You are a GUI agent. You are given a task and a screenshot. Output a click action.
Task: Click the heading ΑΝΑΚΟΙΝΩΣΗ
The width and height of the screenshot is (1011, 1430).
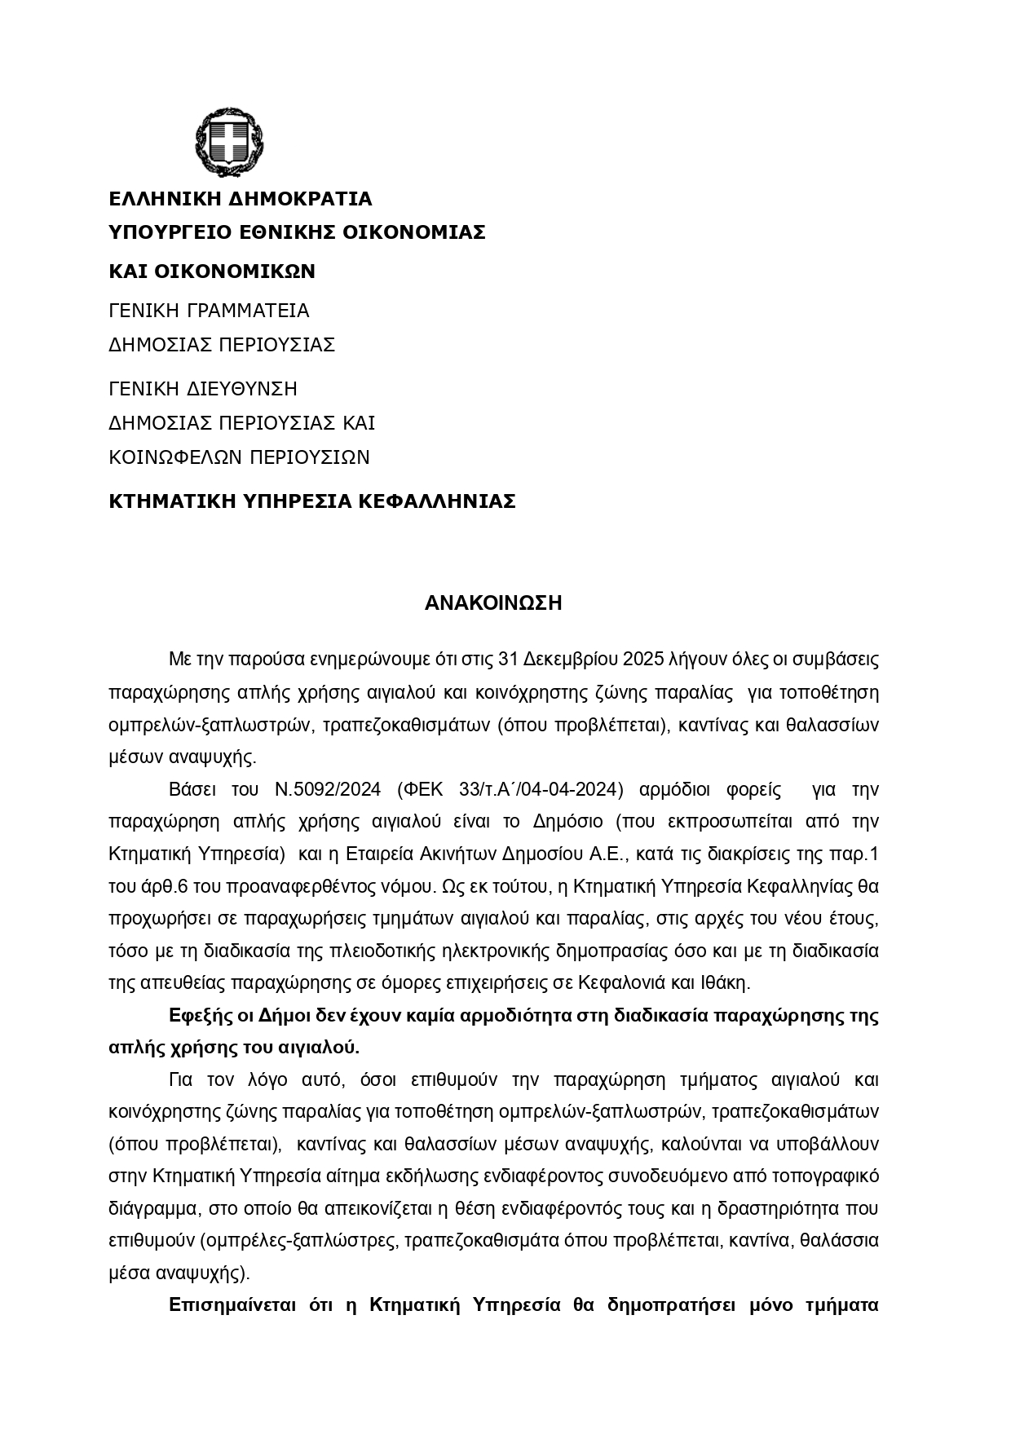(493, 603)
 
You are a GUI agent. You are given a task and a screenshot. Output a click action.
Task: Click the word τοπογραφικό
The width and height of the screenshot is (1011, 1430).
(827, 1176)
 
